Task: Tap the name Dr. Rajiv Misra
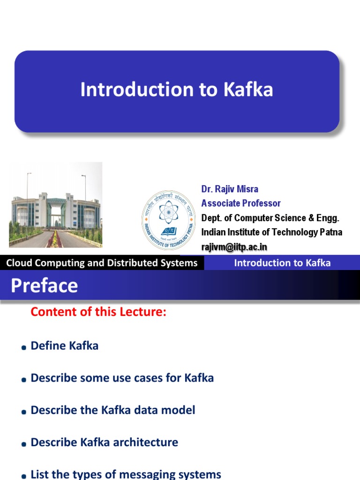point(230,189)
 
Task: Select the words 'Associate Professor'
point(241,203)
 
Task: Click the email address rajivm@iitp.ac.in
point(234,247)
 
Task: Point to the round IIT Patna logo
point(169,219)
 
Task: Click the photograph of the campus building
point(55,204)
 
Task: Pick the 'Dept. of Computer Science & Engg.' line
point(270,218)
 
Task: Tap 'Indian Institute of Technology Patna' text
point(271,232)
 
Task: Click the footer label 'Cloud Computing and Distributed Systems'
point(102,263)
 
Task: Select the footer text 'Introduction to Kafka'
point(282,263)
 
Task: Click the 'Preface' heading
point(45,286)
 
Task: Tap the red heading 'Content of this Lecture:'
point(98,312)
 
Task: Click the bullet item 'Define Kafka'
point(64,346)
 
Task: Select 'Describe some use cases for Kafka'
point(122,378)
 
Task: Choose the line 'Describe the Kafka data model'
point(112,410)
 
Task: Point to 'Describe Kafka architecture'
point(104,442)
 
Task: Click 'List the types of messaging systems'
point(126,474)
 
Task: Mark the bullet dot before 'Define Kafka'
point(23,348)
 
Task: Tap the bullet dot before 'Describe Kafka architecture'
point(23,444)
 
